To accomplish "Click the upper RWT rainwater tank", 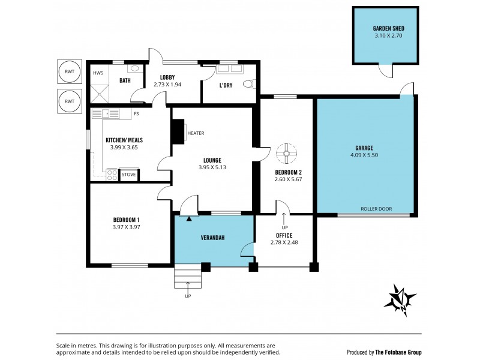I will click(70, 72).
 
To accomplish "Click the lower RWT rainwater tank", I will click(70, 101).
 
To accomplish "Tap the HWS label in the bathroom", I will click(98, 73).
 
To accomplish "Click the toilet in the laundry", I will click(249, 85).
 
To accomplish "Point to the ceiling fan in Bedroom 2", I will click(287, 155).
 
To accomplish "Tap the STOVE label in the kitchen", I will click(129, 175).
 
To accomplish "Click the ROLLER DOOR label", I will click(376, 209).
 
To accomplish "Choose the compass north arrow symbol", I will click(400, 298).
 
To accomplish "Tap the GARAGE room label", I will click(364, 148).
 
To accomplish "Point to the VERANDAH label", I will click(212, 238).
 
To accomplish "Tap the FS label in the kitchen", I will click(137, 113).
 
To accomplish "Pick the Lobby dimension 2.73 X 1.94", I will click(166, 84).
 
